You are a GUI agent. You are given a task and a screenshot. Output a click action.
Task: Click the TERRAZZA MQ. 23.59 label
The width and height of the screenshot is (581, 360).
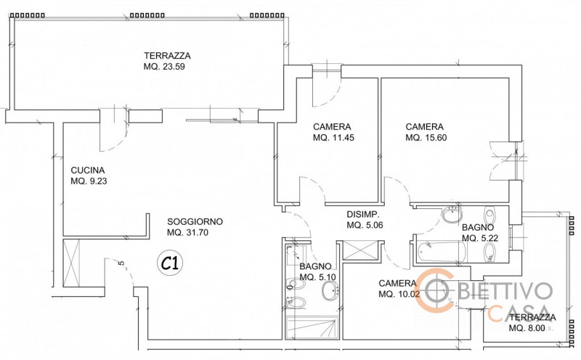tap(167, 62)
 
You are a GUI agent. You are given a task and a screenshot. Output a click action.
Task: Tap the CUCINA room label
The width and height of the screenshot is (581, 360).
tap(89, 176)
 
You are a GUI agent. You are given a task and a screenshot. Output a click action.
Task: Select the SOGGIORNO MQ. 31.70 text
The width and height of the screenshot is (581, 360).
tap(195, 227)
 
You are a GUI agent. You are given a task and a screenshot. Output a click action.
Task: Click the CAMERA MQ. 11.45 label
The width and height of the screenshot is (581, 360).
tap(333, 131)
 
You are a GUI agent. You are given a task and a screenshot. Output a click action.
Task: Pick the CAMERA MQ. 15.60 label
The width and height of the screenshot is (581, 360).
tap(426, 131)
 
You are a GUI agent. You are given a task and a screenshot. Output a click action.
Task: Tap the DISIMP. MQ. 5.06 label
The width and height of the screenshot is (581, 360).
tap(365, 219)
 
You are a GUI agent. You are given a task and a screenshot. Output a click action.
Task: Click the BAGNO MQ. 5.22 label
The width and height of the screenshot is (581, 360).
tap(479, 232)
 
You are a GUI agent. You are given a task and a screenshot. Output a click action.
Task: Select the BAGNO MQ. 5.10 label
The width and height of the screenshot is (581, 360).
tap(316, 271)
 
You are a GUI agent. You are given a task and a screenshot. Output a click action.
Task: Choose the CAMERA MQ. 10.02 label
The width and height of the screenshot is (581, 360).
tap(399, 289)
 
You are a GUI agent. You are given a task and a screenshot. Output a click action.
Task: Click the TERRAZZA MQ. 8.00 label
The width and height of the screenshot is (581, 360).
tap(532, 323)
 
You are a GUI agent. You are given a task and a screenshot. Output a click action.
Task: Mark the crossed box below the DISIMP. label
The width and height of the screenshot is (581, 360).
tap(359, 249)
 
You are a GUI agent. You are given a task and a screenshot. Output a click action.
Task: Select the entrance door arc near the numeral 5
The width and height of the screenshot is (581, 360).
tap(116, 272)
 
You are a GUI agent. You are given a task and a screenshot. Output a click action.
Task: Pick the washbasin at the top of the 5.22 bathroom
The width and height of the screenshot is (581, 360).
tap(452, 215)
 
